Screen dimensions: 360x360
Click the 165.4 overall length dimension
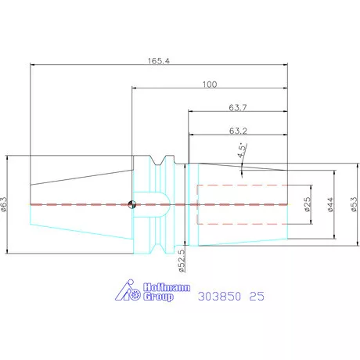pos(159,61)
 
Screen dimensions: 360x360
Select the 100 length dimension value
pos(210,85)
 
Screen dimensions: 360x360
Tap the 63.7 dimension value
pos(238,107)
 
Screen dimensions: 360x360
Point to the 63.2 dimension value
pos(238,131)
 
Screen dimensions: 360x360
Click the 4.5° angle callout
pos(242,150)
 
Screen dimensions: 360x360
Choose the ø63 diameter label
pos(5,204)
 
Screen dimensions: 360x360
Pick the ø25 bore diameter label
pos(308,204)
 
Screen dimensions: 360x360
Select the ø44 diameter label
pos(330,204)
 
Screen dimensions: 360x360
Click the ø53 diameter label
pos(354,204)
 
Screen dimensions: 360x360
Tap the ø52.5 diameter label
pos(182,261)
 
